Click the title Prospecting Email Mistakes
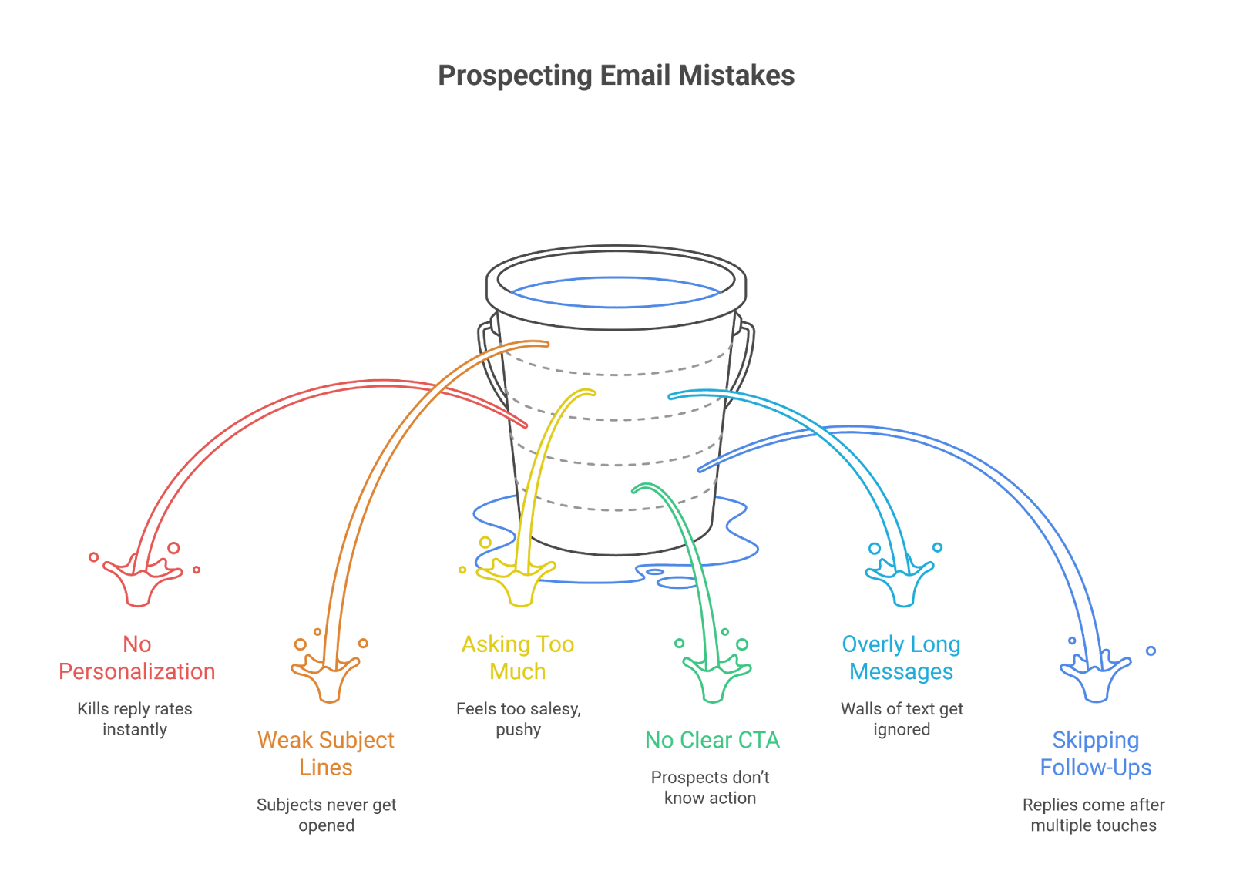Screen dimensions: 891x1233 click(616, 76)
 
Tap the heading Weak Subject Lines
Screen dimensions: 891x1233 click(326, 754)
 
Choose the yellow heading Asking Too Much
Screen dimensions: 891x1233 click(518, 658)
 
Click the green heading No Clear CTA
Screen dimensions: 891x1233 click(712, 741)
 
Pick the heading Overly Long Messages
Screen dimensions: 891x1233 click(901, 658)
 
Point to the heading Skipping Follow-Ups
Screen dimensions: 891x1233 click(1095, 754)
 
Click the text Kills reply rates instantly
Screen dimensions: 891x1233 click(135, 719)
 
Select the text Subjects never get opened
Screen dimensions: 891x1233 click(327, 815)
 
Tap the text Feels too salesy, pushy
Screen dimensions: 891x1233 click(518, 719)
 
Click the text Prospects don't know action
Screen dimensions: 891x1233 click(711, 788)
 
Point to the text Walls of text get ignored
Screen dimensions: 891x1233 click(902, 719)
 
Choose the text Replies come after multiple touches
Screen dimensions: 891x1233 click(1094, 815)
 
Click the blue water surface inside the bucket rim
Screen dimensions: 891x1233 click(616, 293)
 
